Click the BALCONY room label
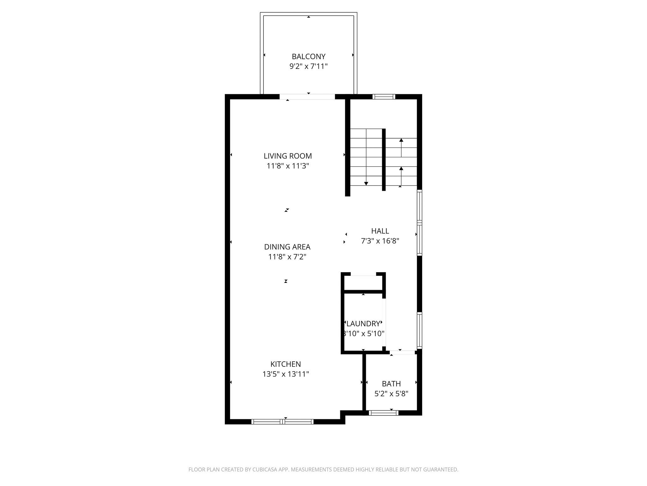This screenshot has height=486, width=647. [x=308, y=57]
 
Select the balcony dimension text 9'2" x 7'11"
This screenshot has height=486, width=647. [x=308, y=66]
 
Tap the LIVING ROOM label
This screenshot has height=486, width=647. [x=287, y=156]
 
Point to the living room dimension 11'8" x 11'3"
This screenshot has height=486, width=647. [x=287, y=166]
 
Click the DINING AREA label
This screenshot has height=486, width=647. [x=287, y=247]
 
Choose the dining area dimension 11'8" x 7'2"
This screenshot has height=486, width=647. [x=287, y=257]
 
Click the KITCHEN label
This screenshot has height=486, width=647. [x=286, y=364]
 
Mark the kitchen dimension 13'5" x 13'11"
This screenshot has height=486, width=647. [x=286, y=374]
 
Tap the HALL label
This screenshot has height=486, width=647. [x=380, y=231]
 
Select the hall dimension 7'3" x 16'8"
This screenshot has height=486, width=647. [x=380, y=241]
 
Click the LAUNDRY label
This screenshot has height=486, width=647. [x=363, y=324]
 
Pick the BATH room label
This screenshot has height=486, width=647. [x=391, y=384]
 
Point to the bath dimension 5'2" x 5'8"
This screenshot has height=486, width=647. [x=391, y=394]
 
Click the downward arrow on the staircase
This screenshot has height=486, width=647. [x=366, y=183]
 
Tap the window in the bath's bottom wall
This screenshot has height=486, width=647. [x=384, y=413]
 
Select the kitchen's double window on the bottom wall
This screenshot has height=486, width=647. [x=282, y=421]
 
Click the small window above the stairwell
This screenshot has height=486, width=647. [x=384, y=97]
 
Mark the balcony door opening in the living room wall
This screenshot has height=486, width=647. [x=307, y=97]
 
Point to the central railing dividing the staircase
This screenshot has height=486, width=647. [x=384, y=160]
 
